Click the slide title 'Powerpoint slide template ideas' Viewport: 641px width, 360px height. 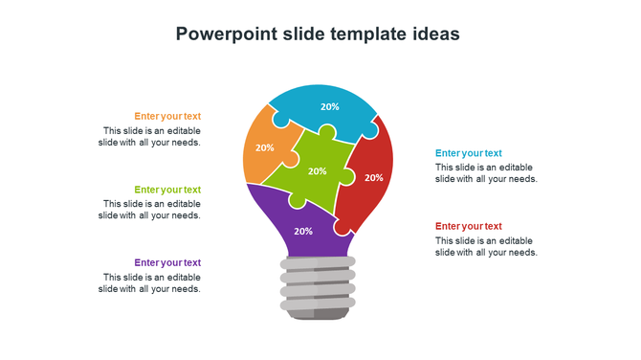pos(318,34)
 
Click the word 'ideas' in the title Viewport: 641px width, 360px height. pos(434,34)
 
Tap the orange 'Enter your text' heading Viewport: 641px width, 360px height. pos(167,116)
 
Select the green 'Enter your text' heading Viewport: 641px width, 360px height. pos(167,190)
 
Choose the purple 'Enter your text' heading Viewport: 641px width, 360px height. pos(167,262)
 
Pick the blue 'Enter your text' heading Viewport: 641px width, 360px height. pos(468,153)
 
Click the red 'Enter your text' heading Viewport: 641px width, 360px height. pos(468,226)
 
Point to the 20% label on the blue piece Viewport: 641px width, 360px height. pos(329,107)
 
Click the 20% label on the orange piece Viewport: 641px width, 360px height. pos(265,147)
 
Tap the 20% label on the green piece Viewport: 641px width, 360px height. pos(317,171)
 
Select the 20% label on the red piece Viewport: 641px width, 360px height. pos(373,177)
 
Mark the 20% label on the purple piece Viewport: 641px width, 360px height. pos(303,231)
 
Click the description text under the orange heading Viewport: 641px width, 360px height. pos(149,136)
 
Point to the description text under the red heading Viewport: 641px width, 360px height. pos(486,246)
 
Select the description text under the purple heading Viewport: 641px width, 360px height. pos(149,282)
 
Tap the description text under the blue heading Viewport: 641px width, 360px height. pos(486,172)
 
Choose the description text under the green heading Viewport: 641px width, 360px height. pos(149,209)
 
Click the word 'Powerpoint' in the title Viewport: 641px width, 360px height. pos(226,34)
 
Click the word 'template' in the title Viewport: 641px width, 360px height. pos(367,34)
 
